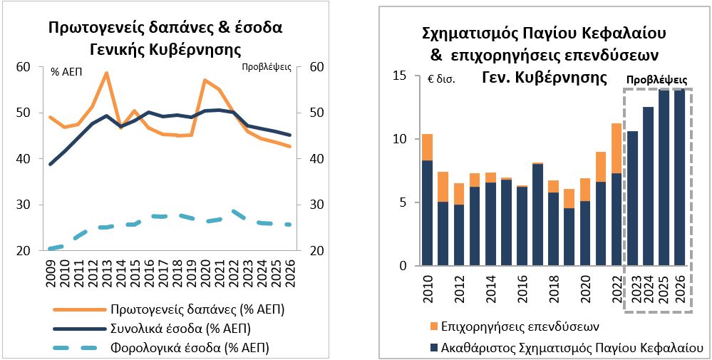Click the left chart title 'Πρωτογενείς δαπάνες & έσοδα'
[165, 28]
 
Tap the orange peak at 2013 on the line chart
[105, 73]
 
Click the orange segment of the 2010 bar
[427, 147]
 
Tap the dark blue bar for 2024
[648, 186]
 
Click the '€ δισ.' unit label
[438, 79]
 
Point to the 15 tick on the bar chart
[399, 76]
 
